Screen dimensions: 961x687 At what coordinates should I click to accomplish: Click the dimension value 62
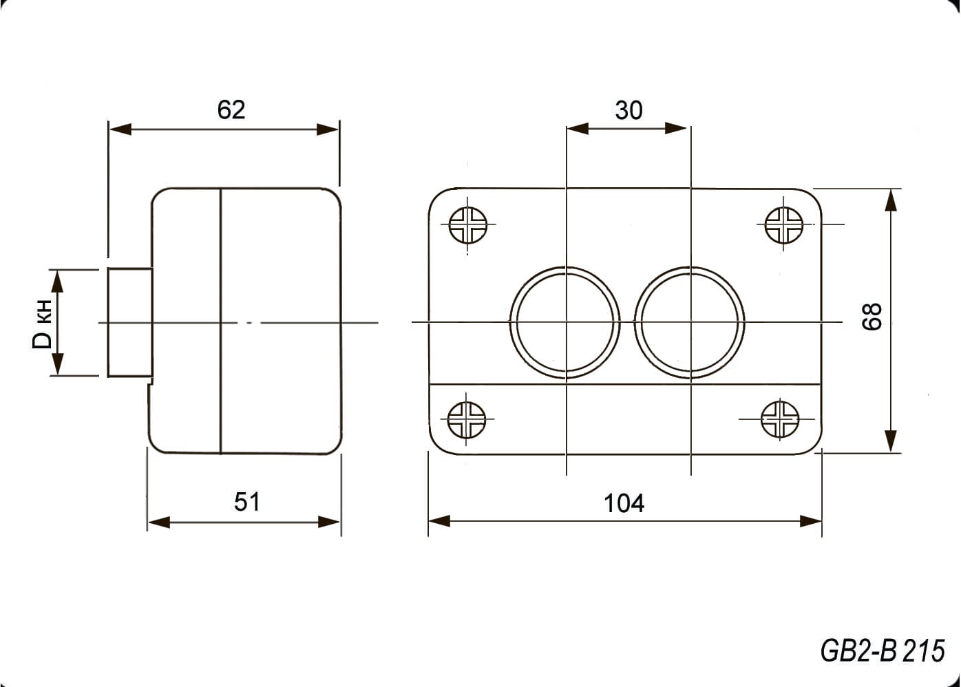point(231,110)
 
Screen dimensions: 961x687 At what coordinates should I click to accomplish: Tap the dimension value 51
point(246,502)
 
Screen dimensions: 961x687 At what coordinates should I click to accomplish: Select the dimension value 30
point(629,110)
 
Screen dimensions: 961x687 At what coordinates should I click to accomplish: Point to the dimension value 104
point(624,503)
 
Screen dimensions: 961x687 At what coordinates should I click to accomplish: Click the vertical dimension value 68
point(872,317)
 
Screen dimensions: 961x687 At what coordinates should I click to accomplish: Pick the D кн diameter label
point(43,324)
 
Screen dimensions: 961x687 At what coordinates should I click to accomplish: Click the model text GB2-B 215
point(882,651)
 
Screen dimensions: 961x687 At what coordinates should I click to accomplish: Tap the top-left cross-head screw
point(467,225)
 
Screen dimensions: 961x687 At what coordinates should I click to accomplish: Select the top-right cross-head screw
point(784,225)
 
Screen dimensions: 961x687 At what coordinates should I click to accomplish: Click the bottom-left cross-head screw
point(466,420)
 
